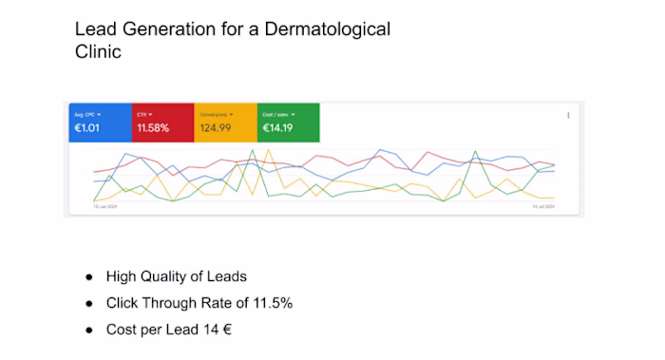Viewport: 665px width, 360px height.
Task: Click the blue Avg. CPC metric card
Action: [x=99, y=122]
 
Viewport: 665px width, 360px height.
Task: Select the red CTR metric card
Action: [x=161, y=122]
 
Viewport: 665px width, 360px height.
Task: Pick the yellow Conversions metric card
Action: [x=225, y=122]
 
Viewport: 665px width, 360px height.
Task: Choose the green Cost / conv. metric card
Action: [x=288, y=122]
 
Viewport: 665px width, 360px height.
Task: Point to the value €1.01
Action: [x=87, y=127]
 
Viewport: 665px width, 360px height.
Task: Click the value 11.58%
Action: [x=153, y=127]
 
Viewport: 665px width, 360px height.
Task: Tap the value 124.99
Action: [x=216, y=127]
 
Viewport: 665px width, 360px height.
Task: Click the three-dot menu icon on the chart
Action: [x=568, y=115]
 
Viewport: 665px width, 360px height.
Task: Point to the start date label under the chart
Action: [x=104, y=206]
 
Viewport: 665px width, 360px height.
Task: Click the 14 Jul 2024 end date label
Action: [x=542, y=206]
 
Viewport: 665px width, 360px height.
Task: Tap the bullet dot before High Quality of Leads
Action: [x=88, y=276]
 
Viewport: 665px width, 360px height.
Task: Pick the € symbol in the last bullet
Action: [x=228, y=330]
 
